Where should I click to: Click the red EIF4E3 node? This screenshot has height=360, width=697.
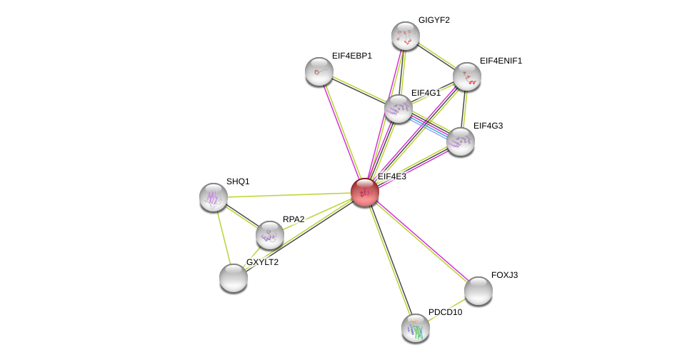click(364, 192)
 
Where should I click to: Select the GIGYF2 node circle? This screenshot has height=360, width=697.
click(405, 36)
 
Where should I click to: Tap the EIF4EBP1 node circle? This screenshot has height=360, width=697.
click(319, 71)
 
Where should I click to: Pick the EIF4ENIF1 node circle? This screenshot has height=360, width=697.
click(466, 76)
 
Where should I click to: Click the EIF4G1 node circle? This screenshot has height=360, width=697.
click(398, 109)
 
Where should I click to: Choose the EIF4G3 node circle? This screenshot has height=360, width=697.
click(461, 141)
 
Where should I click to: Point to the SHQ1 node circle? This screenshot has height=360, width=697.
click(214, 197)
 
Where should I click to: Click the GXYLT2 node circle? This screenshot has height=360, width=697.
click(234, 278)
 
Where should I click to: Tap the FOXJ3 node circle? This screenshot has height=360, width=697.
click(478, 291)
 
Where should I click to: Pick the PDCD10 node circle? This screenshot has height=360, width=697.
click(416, 328)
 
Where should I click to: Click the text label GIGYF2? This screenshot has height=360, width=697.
click(434, 20)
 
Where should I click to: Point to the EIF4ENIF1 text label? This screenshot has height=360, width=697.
click(501, 61)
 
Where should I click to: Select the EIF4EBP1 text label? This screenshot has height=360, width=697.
click(351, 56)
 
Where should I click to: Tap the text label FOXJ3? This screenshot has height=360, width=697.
click(504, 275)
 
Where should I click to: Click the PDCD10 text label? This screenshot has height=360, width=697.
click(445, 312)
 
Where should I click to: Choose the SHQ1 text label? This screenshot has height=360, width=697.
click(238, 181)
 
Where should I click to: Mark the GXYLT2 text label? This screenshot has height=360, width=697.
click(262, 262)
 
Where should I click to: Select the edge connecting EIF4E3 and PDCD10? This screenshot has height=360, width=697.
click(390, 260)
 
